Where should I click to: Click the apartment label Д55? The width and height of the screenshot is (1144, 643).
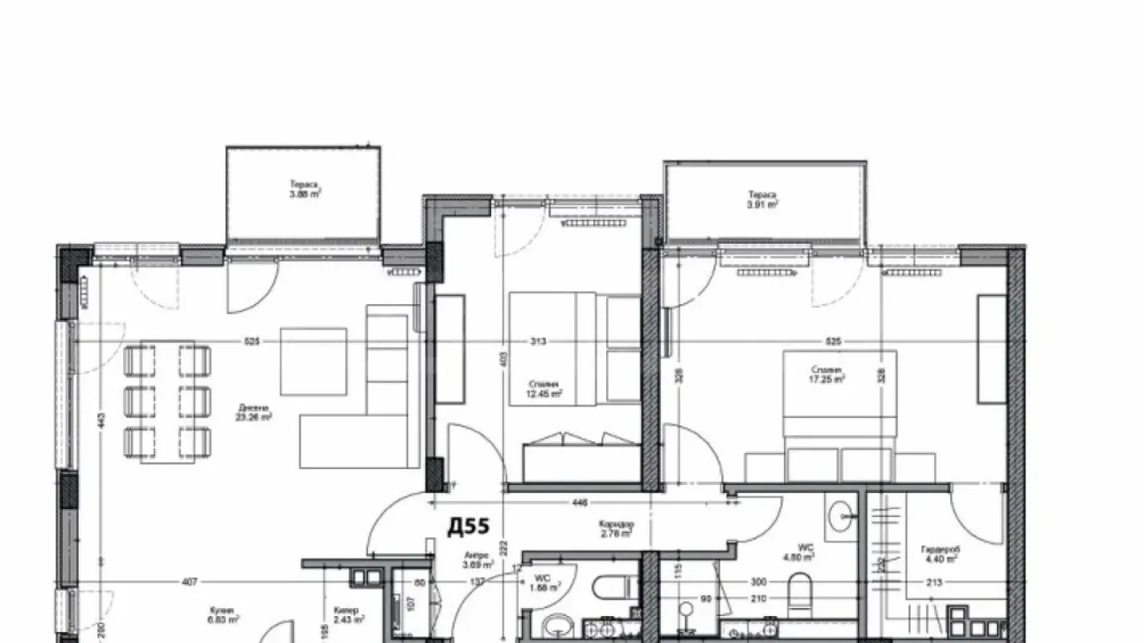tap(468, 526)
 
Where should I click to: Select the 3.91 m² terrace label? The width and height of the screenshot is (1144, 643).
tap(762, 199)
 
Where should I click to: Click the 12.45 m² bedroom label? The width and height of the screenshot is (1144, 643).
tap(547, 389)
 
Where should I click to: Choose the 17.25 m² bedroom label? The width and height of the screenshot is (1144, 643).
tap(827, 375)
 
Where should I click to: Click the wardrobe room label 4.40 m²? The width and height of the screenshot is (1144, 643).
tap(938, 553)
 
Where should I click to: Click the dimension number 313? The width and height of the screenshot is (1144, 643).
tap(538, 342)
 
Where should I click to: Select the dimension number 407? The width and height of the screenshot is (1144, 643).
tap(188, 582)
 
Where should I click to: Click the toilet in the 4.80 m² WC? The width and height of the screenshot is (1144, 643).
tap(799, 591)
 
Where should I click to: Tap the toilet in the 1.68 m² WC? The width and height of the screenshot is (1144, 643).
tap(612, 588)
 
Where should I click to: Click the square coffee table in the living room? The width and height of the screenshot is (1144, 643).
tap(314, 361)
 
